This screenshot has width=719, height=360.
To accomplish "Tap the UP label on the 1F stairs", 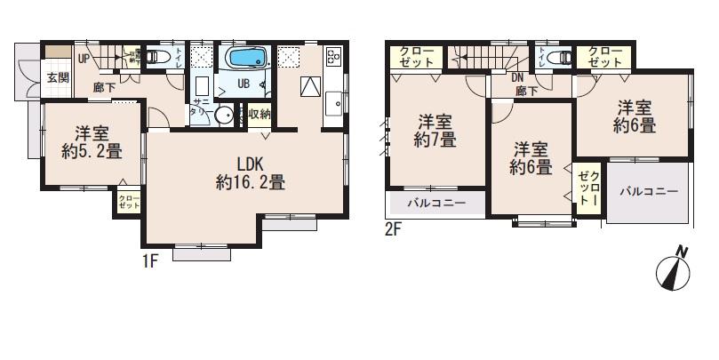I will click(x=83, y=60).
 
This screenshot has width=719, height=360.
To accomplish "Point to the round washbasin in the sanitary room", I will click(x=224, y=115).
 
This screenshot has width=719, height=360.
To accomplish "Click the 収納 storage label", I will click(x=258, y=114).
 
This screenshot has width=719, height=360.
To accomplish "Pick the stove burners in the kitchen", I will click(x=335, y=57).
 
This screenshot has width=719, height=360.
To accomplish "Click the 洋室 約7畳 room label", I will click(x=435, y=131).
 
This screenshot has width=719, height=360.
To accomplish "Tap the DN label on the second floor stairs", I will click(x=518, y=76).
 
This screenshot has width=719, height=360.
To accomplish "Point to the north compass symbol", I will click(x=674, y=269).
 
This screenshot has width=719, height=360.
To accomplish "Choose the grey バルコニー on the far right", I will click(x=649, y=190).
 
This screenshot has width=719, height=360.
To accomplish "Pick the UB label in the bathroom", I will click(x=242, y=84).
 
